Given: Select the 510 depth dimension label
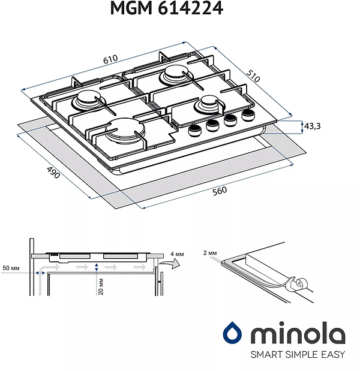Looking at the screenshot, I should [x=253, y=76].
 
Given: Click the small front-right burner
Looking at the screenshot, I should [x=211, y=103].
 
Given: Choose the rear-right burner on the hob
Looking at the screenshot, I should [x=174, y=76].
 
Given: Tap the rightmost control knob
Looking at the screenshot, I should [x=247, y=115].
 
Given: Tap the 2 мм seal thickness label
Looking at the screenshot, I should [x=209, y=254].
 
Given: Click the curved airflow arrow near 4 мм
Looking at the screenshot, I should [x=173, y=263].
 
